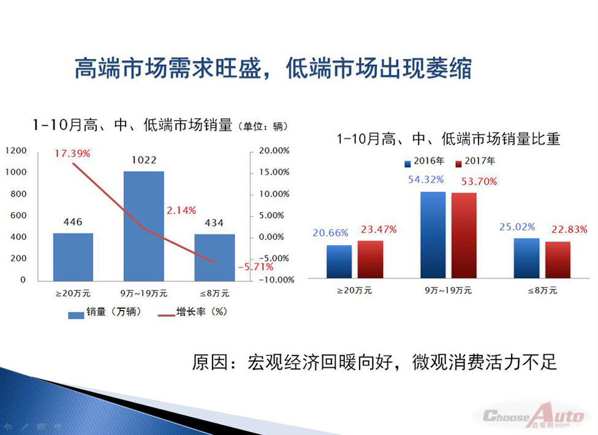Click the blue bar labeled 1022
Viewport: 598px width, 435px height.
[144, 226]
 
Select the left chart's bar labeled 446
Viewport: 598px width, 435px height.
[74, 257]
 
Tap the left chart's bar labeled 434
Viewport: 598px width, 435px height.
[214, 258]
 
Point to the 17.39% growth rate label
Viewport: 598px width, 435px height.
[72, 154]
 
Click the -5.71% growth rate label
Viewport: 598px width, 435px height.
[255, 267]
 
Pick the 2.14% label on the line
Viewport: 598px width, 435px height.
[181, 210]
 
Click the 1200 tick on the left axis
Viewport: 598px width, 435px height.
[16, 151]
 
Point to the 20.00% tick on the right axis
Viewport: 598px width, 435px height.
[274, 151]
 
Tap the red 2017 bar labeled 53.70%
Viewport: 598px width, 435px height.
[464, 235]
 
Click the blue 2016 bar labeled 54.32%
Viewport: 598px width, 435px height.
[433, 235]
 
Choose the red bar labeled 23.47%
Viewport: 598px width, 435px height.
[370, 259]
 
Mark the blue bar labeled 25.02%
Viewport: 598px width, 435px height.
[527, 258]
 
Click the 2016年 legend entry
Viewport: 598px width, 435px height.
[425, 162]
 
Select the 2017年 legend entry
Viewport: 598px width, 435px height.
[475, 162]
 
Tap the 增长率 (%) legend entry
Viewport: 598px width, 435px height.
[192, 312]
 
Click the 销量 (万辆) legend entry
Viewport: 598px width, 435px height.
[105, 312]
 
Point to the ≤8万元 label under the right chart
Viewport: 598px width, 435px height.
[542, 290]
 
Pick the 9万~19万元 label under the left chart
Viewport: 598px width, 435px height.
[144, 293]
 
